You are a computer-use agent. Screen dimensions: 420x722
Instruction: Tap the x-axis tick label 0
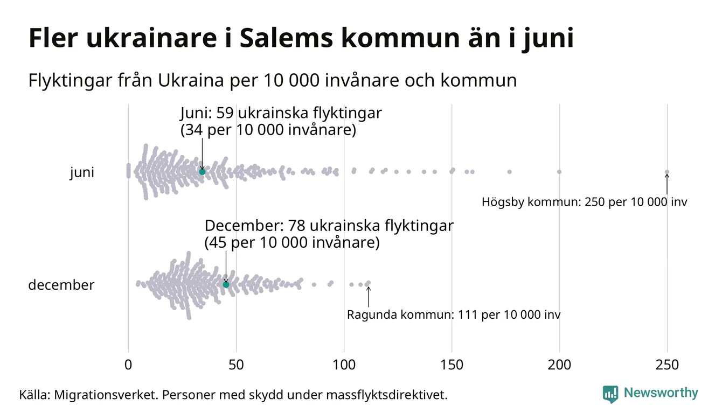128,365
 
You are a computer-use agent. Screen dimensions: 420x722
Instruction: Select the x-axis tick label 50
236,365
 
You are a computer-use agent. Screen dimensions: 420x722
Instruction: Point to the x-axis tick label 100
344,365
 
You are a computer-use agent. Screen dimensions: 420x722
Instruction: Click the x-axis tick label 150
452,365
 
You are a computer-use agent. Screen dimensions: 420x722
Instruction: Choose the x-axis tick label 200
559,365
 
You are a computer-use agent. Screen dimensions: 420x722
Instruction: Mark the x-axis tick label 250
667,365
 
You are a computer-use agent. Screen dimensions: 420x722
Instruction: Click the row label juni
82,173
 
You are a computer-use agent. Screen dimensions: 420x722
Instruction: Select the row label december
61,285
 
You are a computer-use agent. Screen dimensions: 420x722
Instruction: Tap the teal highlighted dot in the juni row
202,171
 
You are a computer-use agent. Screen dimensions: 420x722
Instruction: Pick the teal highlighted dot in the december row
226,284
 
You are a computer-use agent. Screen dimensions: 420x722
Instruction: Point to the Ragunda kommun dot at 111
368,283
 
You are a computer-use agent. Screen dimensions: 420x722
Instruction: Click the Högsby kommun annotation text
584,203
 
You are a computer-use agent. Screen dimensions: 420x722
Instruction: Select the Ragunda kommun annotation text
453,315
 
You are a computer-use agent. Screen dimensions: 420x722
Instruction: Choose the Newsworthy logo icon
610,394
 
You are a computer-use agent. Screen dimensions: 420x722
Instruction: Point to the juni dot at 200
559,172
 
